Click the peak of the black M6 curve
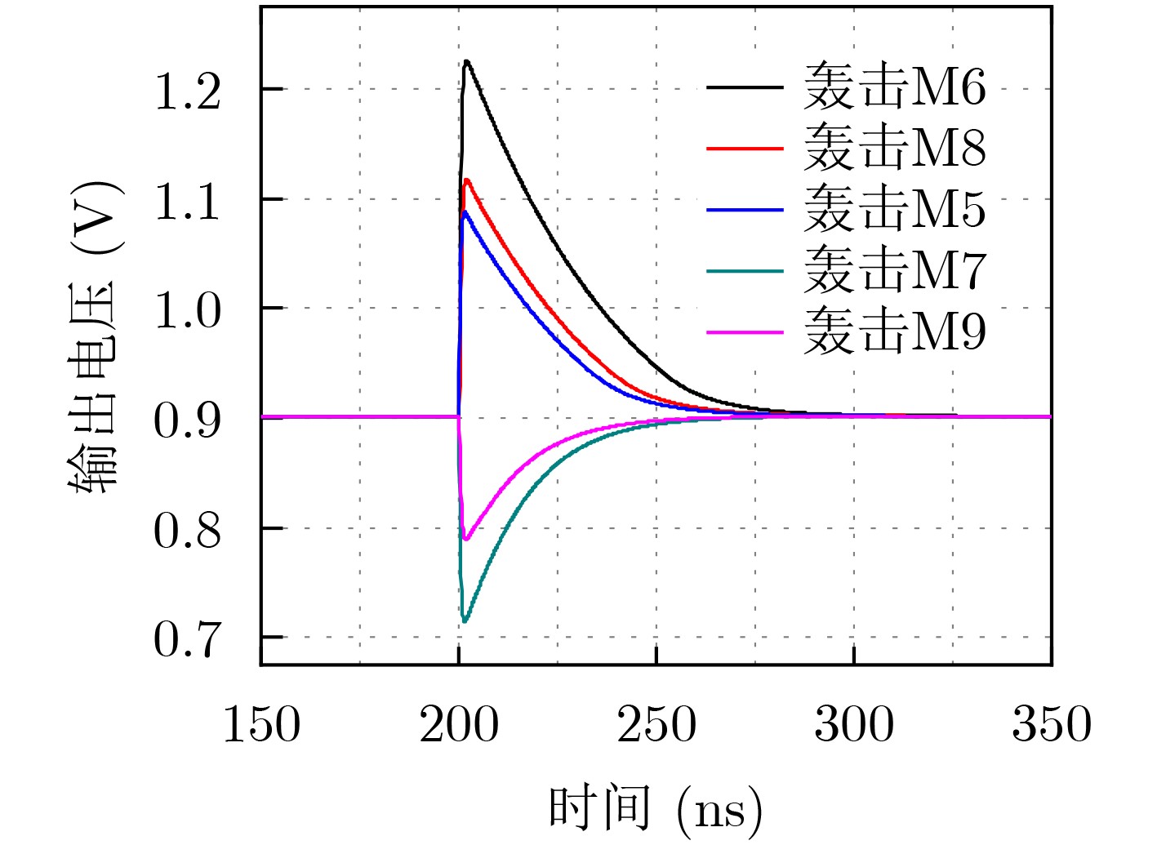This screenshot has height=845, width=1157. coord(466,61)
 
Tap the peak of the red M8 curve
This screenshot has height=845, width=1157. coord(466,180)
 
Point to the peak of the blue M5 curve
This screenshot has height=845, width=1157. coord(465,212)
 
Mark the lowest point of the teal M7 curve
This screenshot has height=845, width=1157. coord(465,621)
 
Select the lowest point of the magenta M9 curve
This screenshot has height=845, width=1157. coord(465,539)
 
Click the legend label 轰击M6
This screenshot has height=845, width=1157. coord(895,87)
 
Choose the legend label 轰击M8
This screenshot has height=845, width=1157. coord(895,148)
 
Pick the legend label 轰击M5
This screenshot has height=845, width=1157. coord(895,209)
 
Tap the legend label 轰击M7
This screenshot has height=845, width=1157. coord(895,270)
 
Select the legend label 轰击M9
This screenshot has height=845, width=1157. coord(895,331)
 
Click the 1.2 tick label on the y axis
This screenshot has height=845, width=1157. coord(188,91)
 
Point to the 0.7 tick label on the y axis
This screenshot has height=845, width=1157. coord(188,639)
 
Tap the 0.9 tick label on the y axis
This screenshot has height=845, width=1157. coord(188,420)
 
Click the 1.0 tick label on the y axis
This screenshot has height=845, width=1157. coord(188,310)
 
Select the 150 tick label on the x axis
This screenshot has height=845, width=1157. coord(261,725)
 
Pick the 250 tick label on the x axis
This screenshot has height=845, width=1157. coord(656,725)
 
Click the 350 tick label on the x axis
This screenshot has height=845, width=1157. coord(1052,725)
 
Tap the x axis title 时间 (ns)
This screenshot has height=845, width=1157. coord(656,808)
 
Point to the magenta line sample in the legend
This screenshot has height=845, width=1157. coord(745,332)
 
